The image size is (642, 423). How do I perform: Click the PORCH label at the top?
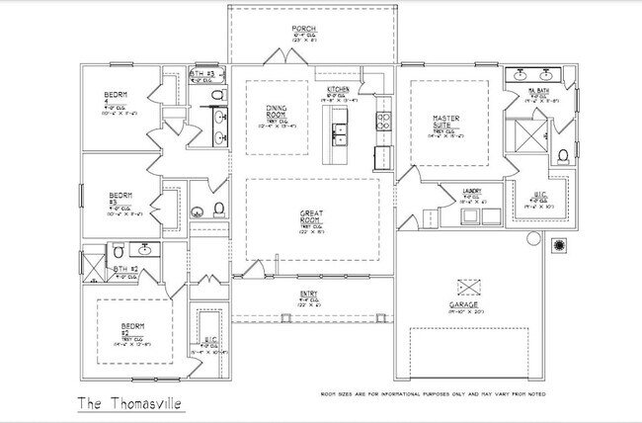(302, 28)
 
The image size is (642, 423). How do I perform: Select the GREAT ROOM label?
(312, 216)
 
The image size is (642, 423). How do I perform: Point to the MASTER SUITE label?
(446, 121)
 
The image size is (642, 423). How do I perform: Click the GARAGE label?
(464, 305)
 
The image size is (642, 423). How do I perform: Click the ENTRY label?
(308, 294)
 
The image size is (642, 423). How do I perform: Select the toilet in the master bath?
(562, 155)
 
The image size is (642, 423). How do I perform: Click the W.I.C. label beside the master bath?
(535, 194)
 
